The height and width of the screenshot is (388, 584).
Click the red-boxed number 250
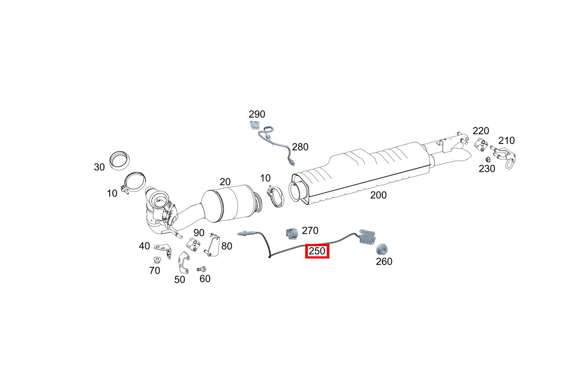[x=317, y=251]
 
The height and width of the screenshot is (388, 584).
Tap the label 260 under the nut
[x=384, y=262]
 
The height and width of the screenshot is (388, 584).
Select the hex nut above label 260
[x=382, y=249]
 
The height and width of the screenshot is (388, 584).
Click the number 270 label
[x=310, y=230]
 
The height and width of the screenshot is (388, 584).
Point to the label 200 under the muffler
[x=378, y=195]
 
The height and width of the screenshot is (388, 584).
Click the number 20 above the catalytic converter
[x=225, y=181]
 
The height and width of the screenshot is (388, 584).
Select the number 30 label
[x=99, y=167]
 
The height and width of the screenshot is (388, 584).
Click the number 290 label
[x=257, y=115]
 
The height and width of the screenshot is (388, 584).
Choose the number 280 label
[x=300, y=147]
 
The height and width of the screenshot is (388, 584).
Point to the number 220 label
[x=481, y=131]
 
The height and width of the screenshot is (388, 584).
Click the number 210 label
[x=506, y=140]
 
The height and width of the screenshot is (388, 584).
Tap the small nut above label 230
[x=488, y=159]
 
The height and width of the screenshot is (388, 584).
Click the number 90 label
[x=199, y=233]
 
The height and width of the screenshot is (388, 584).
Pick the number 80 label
[x=227, y=246]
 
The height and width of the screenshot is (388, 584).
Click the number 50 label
[x=180, y=280]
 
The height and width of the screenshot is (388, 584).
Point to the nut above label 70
[x=156, y=259]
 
